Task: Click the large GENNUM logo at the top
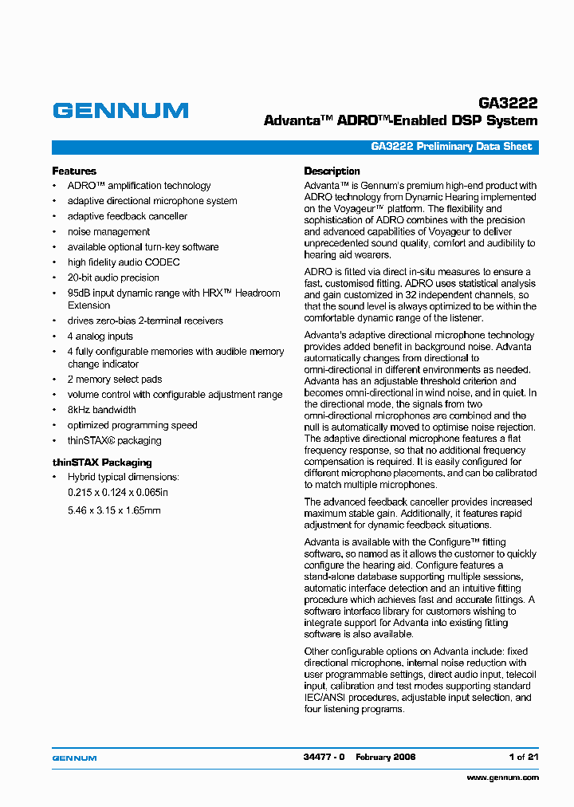pos(120,111)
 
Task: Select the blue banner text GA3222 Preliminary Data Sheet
pos(451,148)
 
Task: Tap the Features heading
pos(74,171)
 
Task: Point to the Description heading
pos(332,171)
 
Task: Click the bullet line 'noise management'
pos(108,232)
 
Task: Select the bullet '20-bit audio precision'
pos(113,278)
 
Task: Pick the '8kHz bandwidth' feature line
pos(101,410)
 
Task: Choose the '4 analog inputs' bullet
pos(100,337)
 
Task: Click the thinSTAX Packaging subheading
pos(101,463)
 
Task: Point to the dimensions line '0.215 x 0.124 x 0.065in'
pos(117,493)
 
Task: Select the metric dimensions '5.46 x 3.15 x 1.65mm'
pos(114,510)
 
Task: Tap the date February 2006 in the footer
pos(385,757)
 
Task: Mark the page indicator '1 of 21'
pos(523,757)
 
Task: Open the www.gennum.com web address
pos(502,777)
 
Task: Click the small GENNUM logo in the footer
pos(74,758)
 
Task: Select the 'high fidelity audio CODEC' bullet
pos(124,262)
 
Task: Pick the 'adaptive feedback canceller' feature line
pos(128,217)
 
